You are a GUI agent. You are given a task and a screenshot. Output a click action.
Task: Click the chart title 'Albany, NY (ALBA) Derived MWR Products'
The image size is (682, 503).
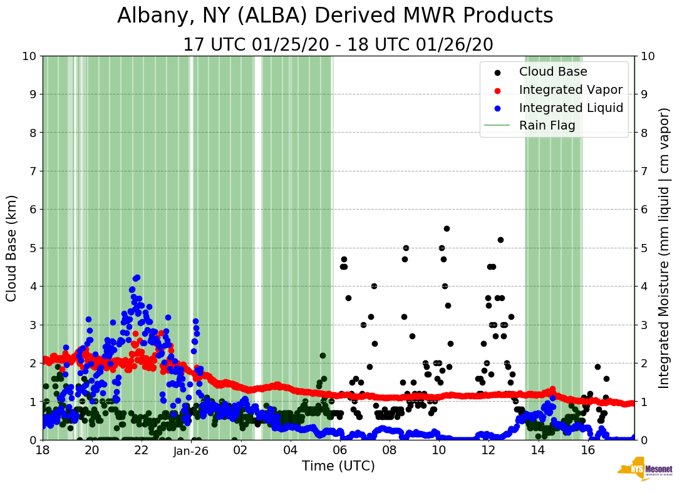(x=335, y=16)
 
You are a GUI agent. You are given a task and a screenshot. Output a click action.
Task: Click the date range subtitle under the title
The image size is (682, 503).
(x=338, y=45)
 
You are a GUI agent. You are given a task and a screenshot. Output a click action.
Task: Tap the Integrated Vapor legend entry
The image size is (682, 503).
(x=571, y=90)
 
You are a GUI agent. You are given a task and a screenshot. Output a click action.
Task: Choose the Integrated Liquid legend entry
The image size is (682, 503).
(x=571, y=108)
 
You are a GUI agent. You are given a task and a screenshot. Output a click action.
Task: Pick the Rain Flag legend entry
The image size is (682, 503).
(x=547, y=125)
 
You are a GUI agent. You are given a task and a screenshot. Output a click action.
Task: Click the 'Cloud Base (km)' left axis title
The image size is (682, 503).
(x=12, y=248)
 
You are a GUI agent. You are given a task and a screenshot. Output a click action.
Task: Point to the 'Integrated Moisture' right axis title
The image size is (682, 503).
(x=664, y=248)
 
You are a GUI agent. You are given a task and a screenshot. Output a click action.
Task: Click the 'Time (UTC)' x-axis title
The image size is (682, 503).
(x=338, y=466)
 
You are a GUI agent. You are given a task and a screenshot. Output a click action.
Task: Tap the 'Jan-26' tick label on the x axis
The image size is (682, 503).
(x=191, y=450)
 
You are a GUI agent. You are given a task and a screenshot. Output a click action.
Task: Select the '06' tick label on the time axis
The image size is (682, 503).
(x=340, y=450)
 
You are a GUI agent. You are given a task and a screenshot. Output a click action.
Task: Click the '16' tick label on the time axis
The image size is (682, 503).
(x=587, y=450)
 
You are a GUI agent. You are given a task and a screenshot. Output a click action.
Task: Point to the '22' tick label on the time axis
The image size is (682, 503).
(x=142, y=450)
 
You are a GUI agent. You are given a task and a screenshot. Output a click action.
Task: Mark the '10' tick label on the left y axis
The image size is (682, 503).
(x=29, y=56)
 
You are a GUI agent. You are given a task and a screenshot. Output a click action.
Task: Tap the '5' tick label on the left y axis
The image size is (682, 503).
(x=32, y=248)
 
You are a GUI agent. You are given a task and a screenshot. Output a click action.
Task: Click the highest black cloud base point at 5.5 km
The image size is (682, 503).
(x=447, y=228)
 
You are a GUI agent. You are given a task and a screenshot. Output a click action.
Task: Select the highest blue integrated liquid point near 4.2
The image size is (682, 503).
(x=137, y=277)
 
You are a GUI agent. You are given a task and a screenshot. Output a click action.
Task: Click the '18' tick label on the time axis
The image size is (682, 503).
(x=43, y=450)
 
